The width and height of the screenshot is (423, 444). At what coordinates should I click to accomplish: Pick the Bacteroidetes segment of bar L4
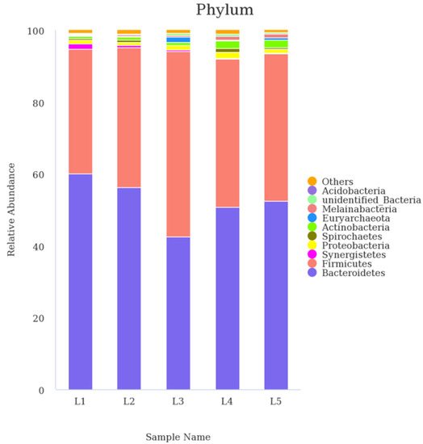[227, 299]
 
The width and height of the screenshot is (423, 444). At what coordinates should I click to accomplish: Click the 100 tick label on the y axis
[36, 31]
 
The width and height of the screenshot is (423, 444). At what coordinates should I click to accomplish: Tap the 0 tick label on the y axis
[40, 391]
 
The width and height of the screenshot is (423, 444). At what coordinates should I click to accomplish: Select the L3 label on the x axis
[178, 401]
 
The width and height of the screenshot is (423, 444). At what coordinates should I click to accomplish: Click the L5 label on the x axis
[276, 401]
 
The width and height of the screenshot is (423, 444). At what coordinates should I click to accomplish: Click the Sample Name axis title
[178, 437]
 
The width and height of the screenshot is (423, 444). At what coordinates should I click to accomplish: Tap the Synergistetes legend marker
[311, 254]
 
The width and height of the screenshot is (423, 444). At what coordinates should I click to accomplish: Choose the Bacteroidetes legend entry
[347, 273]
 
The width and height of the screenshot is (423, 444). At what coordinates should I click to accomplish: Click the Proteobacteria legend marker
[311, 245]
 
